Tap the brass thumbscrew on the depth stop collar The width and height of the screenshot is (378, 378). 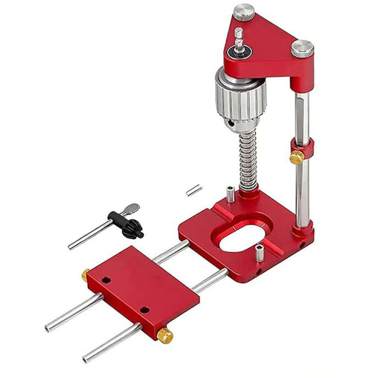click(x=296, y=157)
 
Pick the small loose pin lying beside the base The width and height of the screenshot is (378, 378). click(x=194, y=190)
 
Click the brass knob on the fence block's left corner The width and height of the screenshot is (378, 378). click(x=85, y=274)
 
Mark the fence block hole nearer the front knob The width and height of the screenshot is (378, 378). click(x=145, y=310)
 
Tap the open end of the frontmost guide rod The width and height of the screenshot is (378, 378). click(x=86, y=356)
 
